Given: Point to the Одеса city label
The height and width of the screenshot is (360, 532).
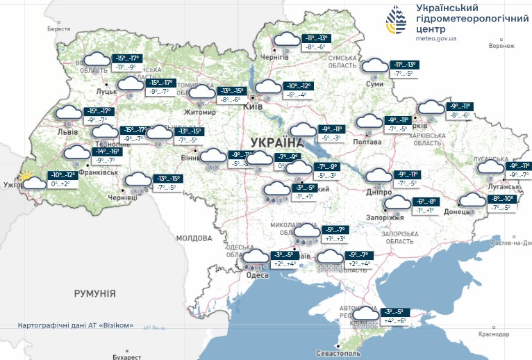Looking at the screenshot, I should [257, 275].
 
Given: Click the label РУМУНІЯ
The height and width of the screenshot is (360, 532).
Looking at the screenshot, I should [94, 294].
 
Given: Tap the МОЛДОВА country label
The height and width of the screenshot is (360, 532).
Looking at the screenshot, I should [194, 238].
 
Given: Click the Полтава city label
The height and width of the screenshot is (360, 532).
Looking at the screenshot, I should [367, 142].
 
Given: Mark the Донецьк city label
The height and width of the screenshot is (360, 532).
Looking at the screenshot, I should [458, 211].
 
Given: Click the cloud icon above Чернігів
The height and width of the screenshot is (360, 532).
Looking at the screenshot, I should [285, 41].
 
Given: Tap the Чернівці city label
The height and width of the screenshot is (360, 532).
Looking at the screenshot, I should [122, 197].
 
